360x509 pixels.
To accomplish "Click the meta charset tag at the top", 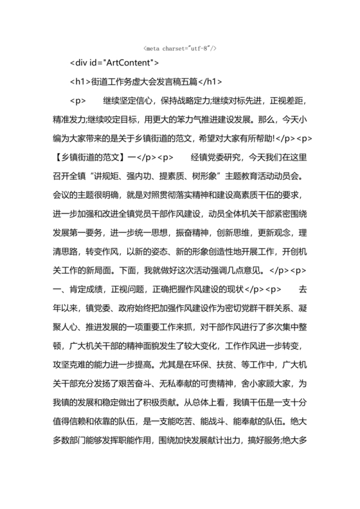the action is point(179,49).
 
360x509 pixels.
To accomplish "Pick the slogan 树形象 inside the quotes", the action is point(210,175).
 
